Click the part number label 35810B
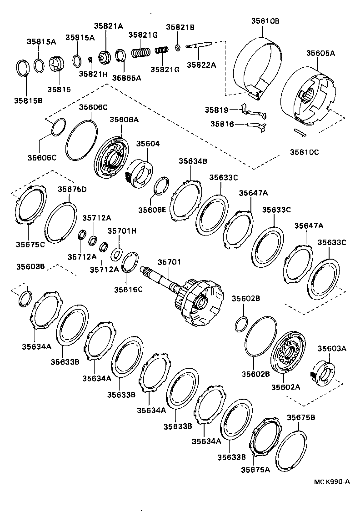click(x=265, y=20)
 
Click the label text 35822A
click(x=201, y=65)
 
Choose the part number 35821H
click(x=93, y=74)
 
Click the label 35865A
click(x=126, y=78)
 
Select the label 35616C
click(x=128, y=289)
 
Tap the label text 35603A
click(x=332, y=349)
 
